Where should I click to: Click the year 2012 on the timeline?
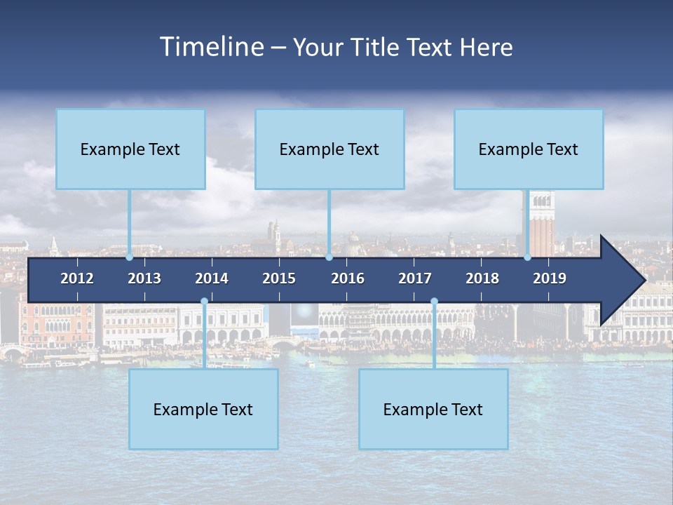[77, 278]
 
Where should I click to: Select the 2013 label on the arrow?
[144, 278]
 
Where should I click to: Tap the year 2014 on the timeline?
[212, 278]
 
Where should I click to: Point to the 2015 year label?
[279, 278]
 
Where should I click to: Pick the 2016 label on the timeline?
[348, 278]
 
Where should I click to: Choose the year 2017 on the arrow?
[415, 278]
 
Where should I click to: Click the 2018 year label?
[482, 278]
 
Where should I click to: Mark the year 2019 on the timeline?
[550, 278]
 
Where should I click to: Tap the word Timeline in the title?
[211, 47]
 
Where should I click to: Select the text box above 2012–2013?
[130, 149]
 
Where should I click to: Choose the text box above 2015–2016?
[329, 149]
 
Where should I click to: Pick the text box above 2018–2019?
[529, 149]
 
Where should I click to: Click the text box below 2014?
[203, 409]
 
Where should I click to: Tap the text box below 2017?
[433, 409]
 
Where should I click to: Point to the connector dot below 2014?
[204, 302]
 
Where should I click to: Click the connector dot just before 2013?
[130, 257]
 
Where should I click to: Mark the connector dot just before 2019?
[527, 257]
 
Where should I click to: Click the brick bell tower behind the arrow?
[542, 224]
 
